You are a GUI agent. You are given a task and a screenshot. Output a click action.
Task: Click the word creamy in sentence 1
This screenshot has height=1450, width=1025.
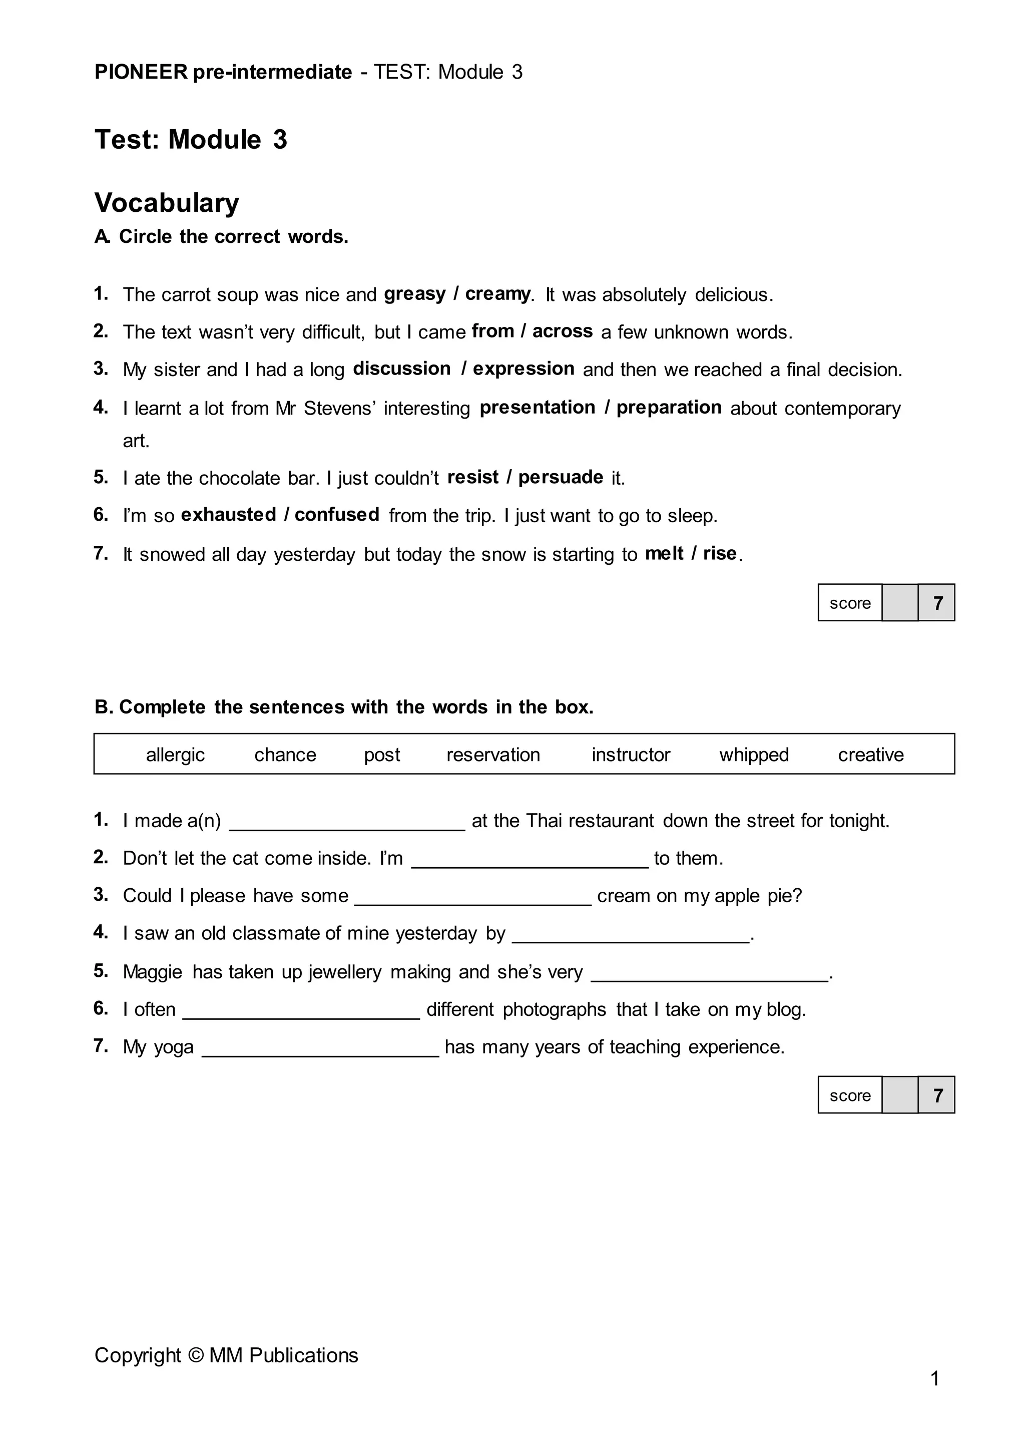[x=497, y=294]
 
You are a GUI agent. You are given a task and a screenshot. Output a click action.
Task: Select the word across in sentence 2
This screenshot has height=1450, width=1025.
[x=563, y=331]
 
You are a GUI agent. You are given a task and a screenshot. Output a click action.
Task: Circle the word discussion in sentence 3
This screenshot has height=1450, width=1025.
[x=401, y=369]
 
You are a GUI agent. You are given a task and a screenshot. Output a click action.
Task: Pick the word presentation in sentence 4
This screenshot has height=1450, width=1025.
[x=537, y=408]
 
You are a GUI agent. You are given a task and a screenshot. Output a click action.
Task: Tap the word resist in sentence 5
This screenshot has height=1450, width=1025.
[x=473, y=478]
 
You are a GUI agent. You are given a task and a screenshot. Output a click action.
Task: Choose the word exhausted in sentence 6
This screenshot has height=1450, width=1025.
[x=229, y=515]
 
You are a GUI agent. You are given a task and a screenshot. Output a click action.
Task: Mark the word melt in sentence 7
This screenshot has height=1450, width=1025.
[x=664, y=554]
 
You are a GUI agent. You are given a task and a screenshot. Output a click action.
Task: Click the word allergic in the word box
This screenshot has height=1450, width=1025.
[x=176, y=755]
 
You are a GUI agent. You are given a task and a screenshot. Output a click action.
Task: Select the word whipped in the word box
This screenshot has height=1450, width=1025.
[x=754, y=755]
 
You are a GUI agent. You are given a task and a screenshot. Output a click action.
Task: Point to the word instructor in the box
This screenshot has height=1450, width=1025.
[x=631, y=755]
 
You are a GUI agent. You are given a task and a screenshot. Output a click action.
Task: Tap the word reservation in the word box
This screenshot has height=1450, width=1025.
[x=493, y=755]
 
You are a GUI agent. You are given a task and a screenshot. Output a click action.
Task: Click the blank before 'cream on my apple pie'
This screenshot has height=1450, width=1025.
[x=473, y=899]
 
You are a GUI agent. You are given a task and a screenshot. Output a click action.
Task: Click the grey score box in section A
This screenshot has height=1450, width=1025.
[x=899, y=603]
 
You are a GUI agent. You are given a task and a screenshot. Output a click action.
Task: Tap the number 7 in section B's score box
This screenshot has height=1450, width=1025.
[x=937, y=1096]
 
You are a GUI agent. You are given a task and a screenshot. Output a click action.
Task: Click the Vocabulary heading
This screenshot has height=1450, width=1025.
[x=167, y=203]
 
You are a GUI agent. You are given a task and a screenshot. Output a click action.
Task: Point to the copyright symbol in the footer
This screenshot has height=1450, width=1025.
[x=196, y=1356]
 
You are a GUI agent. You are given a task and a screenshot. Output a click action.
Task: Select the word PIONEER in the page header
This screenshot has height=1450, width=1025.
[x=141, y=72]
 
